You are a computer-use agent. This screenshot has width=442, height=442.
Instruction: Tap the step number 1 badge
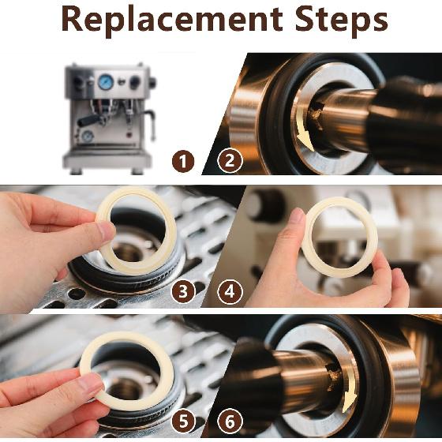coord(183,162)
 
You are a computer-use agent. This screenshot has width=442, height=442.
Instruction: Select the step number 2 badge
coord(230,161)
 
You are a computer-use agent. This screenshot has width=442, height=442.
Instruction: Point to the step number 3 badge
coord(183,291)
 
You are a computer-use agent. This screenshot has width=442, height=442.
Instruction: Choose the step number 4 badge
coord(230,292)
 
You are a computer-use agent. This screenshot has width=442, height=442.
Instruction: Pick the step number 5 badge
coord(183,421)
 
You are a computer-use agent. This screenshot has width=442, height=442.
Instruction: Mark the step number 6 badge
coord(230,421)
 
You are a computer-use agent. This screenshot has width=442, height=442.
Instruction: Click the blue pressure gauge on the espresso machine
coord(106,82)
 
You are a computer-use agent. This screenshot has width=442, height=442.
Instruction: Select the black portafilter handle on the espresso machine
coord(88,121)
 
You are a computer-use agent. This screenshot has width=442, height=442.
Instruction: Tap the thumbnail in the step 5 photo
coord(91,385)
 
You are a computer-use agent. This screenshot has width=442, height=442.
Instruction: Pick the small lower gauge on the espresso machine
coord(87,137)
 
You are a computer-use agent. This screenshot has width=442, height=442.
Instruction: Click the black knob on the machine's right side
coord(152,82)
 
